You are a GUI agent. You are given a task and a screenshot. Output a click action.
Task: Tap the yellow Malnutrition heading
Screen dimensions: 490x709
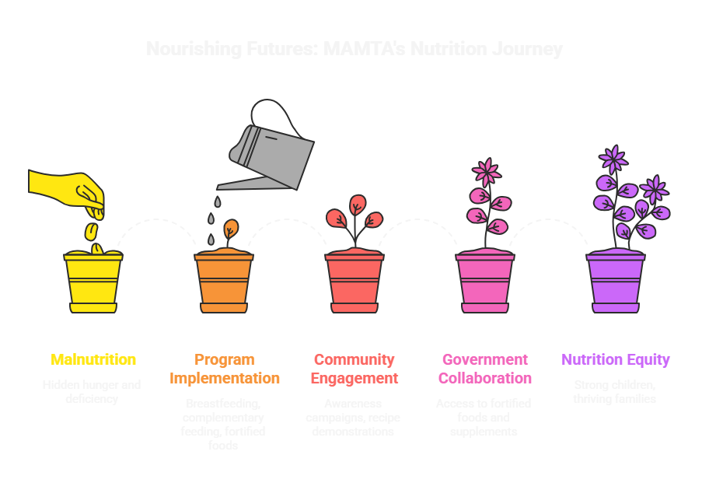click(x=93, y=359)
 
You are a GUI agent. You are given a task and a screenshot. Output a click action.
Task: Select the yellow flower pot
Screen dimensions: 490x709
click(x=93, y=282)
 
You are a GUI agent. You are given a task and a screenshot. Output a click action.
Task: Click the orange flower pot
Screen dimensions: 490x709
click(x=224, y=282)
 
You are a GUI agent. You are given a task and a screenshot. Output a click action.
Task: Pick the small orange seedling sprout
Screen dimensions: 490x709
click(x=230, y=230)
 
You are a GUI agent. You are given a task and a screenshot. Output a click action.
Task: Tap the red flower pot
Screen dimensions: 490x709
click(x=354, y=282)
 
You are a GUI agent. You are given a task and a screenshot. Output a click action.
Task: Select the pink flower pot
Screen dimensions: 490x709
click(x=485, y=282)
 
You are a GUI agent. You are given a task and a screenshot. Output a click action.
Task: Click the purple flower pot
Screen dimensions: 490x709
click(x=615, y=282)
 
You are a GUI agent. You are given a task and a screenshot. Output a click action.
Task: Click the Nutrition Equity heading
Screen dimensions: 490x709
click(x=616, y=359)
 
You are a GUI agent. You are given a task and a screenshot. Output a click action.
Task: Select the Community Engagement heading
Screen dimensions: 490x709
click(x=354, y=369)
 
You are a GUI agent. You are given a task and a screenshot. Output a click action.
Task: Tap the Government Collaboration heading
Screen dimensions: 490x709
click(x=485, y=369)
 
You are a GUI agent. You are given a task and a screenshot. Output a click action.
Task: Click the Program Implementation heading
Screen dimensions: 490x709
click(x=224, y=369)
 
